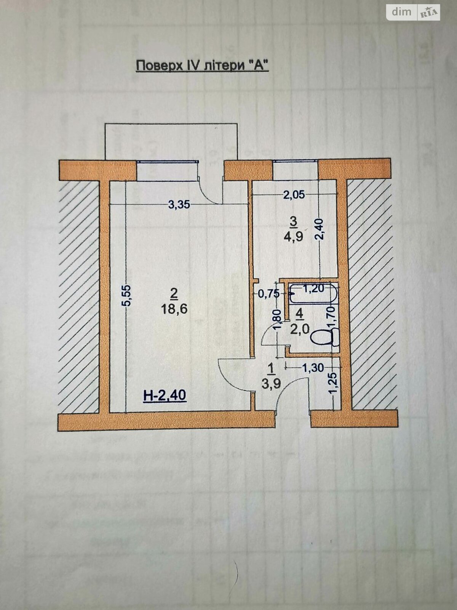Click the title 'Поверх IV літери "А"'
202,66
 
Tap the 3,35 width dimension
179,205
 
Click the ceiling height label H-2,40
165,395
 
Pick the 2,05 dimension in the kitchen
294,195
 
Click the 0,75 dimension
268,294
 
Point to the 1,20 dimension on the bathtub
314,289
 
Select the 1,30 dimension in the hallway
313,368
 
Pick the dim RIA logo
414,12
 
